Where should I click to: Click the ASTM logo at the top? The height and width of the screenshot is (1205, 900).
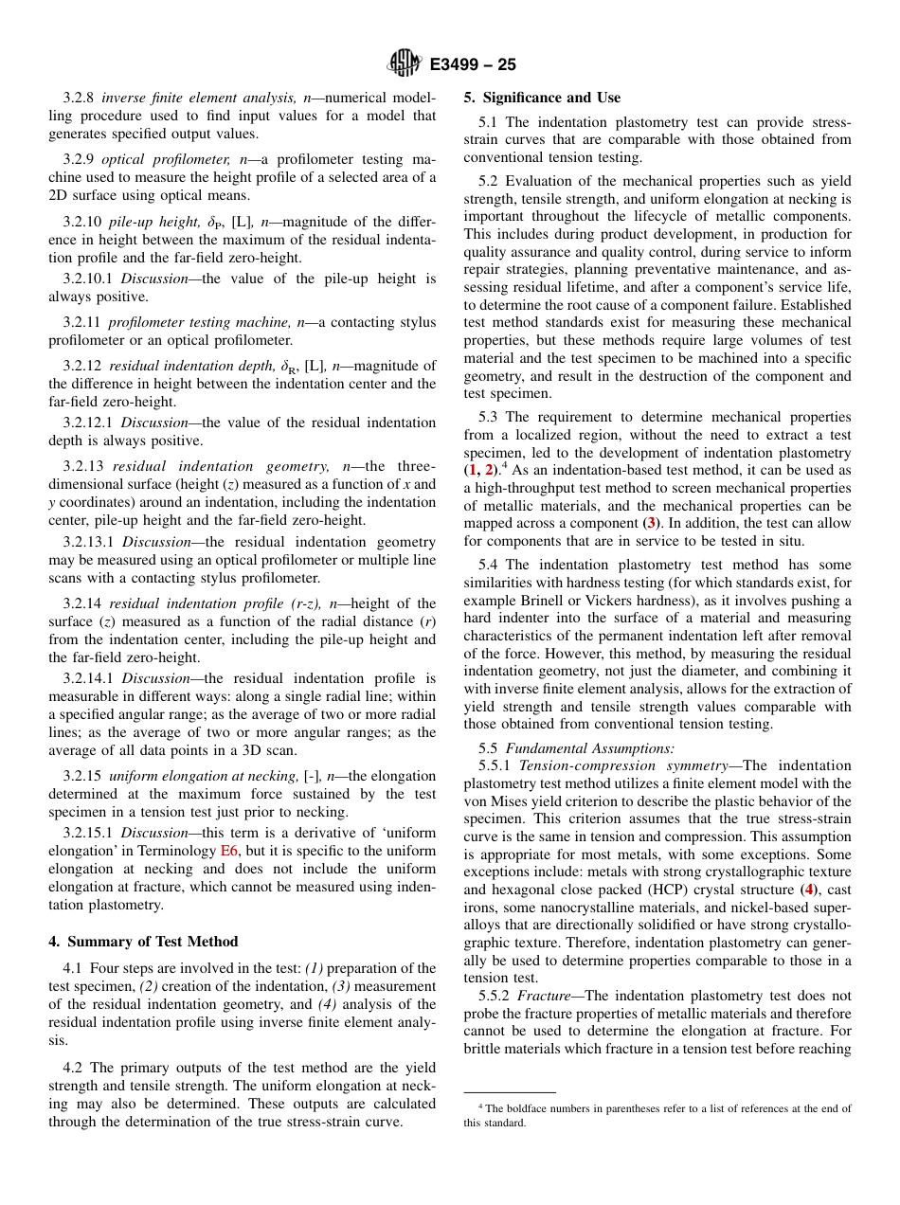[x=405, y=64]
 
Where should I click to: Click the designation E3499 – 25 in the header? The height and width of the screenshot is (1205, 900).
[x=473, y=65]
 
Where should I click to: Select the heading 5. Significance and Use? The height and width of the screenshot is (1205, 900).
[x=542, y=98]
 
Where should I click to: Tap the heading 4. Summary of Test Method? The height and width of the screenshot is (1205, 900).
[x=143, y=942]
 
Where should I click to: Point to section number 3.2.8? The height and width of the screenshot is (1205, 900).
[x=80, y=99]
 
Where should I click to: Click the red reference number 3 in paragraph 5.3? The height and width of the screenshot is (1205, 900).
[x=650, y=523]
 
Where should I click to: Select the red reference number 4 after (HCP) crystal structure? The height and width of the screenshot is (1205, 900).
[x=808, y=890]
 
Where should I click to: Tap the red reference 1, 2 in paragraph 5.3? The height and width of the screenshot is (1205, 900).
[x=481, y=471]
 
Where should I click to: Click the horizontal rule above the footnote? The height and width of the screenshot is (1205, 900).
[x=509, y=1092]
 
